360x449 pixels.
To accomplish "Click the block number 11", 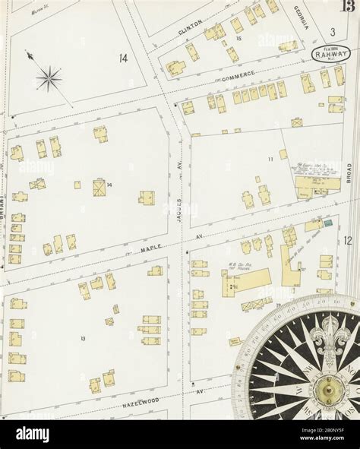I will (270, 159).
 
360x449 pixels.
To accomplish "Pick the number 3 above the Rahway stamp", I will (332, 31).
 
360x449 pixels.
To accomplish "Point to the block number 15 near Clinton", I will (238, 38).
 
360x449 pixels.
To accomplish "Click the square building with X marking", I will (99, 188).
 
